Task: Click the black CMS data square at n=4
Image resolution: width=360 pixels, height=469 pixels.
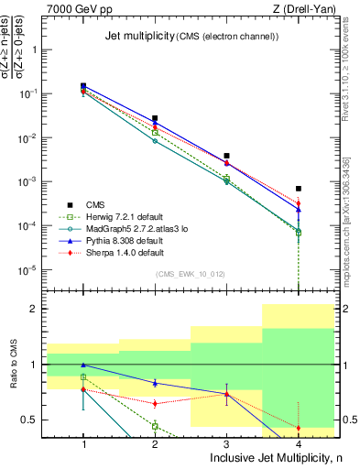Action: pos(299,189)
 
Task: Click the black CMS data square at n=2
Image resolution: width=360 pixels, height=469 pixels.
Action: pos(155,118)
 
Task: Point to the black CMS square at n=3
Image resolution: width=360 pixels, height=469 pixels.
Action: pos(226,156)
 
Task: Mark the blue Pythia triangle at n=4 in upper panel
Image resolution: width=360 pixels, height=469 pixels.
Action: pos(299,210)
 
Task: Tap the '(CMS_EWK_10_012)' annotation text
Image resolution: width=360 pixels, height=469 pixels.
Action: pos(191,274)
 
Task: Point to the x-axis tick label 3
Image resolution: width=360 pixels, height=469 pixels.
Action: pos(226,443)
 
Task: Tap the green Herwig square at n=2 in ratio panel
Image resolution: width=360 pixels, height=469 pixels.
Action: pos(155,426)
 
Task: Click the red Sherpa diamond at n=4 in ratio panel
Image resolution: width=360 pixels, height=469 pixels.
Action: pos(299,428)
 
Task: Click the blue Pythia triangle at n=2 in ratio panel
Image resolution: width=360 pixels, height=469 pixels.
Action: pos(155,383)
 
